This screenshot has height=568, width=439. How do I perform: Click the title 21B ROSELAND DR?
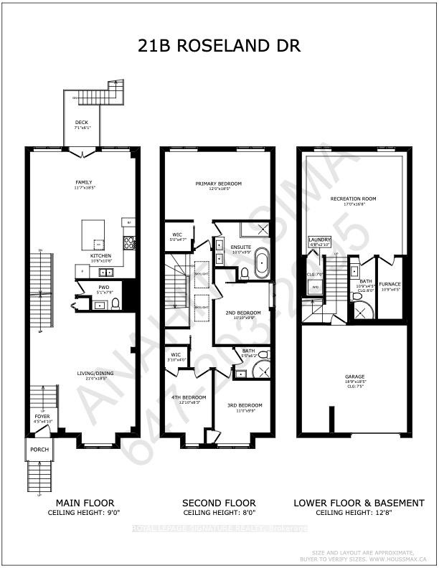pyautogui.click(x=219, y=46)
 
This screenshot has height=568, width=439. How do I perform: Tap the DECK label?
pyautogui.click(x=82, y=123)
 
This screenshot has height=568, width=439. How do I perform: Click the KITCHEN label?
pyautogui.click(x=100, y=255)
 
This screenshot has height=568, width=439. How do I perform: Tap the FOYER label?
pyautogui.click(x=42, y=416)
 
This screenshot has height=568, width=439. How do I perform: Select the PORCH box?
pyautogui.click(x=37, y=450)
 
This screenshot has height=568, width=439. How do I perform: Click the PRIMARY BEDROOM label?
pyautogui.click(x=218, y=184)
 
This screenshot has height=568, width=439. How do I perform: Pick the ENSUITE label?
pyautogui.click(x=240, y=247)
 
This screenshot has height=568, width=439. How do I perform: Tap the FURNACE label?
pyautogui.click(x=390, y=284)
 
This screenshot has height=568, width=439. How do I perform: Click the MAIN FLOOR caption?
pyautogui.click(x=80, y=503)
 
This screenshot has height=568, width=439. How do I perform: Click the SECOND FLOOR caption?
pyautogui.click(x=219, y=503)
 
